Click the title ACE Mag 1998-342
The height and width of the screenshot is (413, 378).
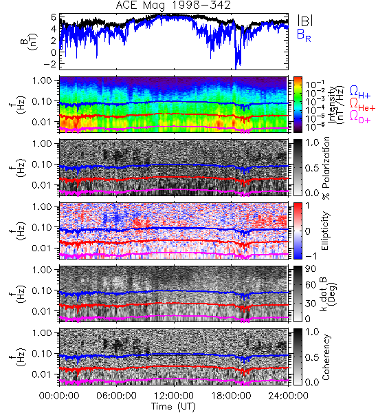[173, 6]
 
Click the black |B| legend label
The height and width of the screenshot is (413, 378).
[305, 20]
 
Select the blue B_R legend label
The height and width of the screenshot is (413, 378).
[304, 35]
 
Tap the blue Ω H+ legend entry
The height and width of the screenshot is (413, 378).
[360, 92]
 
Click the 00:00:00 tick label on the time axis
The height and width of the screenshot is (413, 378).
[59, 396]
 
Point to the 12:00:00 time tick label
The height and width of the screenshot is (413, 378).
[174, 396]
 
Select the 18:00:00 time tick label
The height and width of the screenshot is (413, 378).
[231, 396]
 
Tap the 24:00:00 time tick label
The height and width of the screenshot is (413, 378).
[288, 396]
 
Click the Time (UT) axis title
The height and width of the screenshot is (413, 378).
[174, 407]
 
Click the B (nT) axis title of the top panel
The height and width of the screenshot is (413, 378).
[30, 41]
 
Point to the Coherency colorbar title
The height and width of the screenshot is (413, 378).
[326, 357]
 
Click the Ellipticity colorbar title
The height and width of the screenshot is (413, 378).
[326, 231]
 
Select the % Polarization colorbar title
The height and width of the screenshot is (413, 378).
[326, 168]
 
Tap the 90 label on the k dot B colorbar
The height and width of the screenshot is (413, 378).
[311, 269]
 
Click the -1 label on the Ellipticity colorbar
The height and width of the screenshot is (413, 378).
[311, 255]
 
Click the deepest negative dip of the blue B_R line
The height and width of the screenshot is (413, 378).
[236, 69]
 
